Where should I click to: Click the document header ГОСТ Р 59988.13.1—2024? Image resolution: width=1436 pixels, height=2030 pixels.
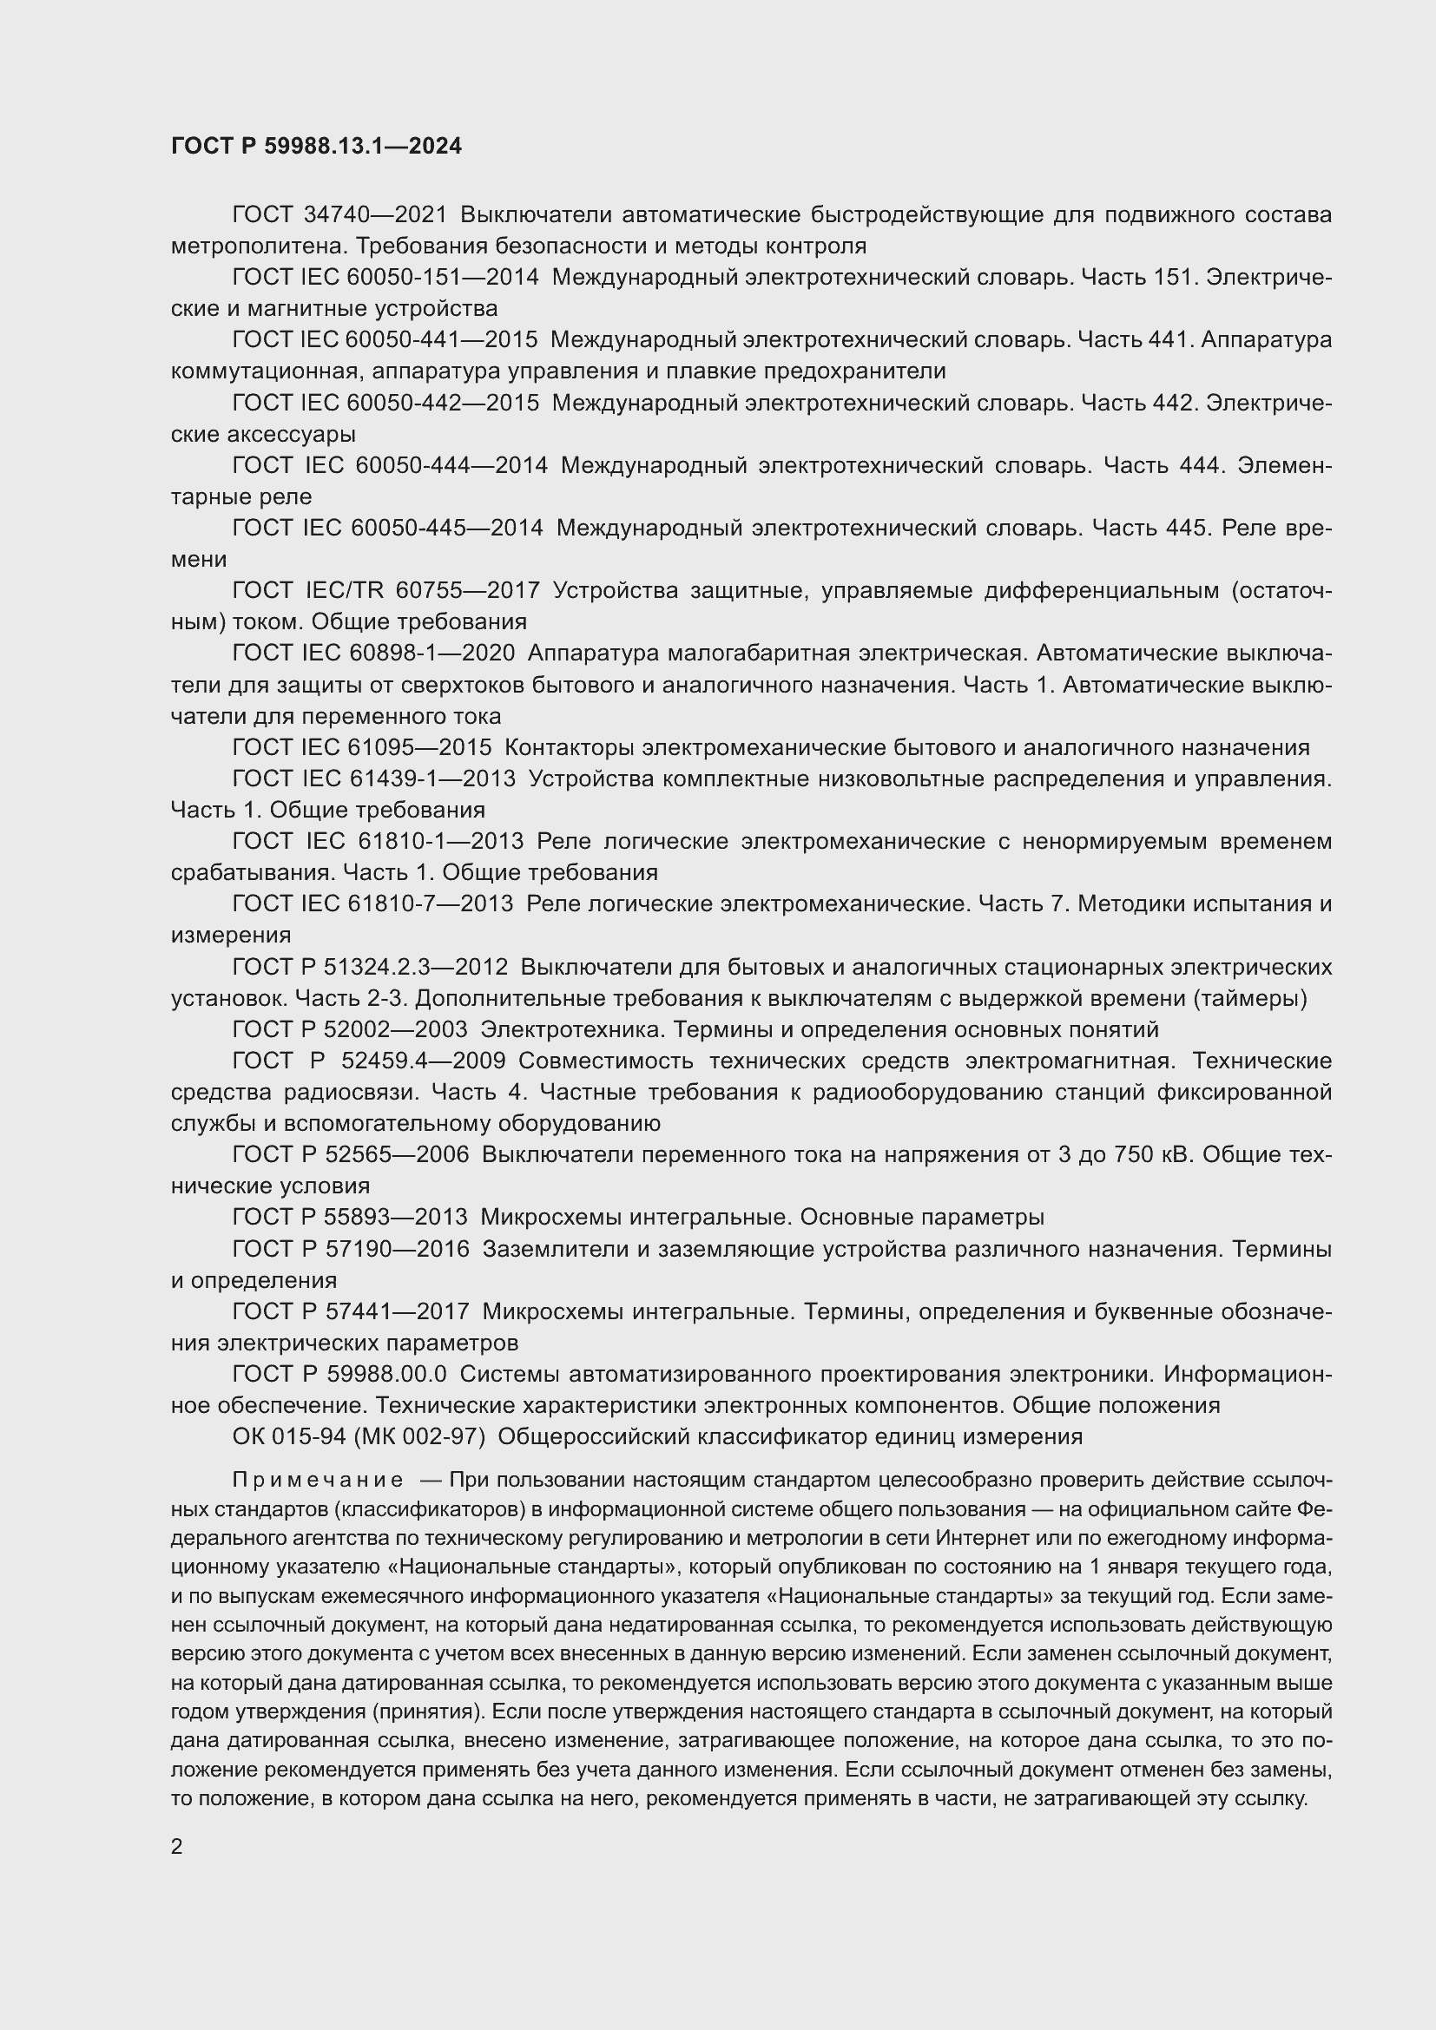(x=316, y=146)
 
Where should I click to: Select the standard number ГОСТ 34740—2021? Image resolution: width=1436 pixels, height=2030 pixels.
(x=339, y=215)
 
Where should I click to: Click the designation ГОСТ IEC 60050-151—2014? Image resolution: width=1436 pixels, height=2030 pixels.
(x=385, y=278)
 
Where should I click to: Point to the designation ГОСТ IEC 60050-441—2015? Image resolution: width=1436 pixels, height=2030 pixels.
(x=385, y=340)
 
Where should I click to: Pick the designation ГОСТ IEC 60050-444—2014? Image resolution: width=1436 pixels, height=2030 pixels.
(x=389, y=465)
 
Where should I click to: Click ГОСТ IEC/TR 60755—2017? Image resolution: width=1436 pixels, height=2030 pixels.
(x=386, y=591)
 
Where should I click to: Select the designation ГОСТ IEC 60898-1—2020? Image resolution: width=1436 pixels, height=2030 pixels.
(x=373, y=654)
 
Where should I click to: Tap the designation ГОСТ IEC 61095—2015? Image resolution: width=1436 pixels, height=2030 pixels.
(x=362, y=748)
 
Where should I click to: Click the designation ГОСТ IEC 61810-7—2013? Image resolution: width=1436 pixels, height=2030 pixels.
(x=372, y=904)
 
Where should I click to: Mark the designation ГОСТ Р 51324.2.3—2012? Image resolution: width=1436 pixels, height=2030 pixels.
(x=370, y=967)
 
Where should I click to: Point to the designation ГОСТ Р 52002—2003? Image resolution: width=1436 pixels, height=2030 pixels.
(x=349, y=1030)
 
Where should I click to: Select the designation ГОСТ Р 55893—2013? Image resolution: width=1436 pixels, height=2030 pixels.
(x=349, y=1218)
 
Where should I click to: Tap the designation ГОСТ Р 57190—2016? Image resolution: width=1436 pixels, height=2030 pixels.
(x=350, y=1249)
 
